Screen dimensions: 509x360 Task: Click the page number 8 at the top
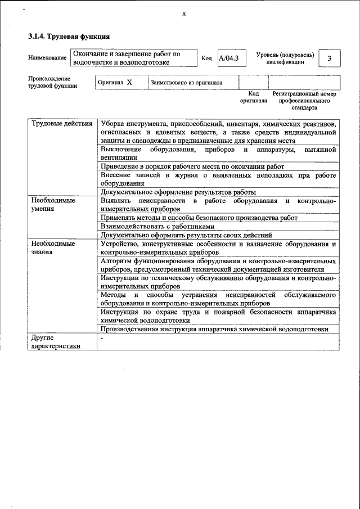pyautogui.click(x=184, y=15)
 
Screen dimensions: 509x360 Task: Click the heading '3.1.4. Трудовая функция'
pyautogui.click(x=69, y=37)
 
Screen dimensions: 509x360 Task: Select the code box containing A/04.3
pyautogui.click(x=228, y=58)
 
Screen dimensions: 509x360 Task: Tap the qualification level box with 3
pyautogui.click(x=329, y=59)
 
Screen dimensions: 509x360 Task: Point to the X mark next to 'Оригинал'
pyautogui.click(x=129, y=82)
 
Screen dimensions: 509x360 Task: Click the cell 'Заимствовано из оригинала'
pyautogui.click(x=186, y=83)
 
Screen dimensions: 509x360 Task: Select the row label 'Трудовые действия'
pyautogui.click(x=62, y=124)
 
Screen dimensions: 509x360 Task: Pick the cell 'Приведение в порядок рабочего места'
pyautogui.click(x=192, y=166)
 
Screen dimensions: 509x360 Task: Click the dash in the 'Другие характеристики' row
pyautogui.click(x=102, y=339)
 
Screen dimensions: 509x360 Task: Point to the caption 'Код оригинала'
pyautogui.click(x=253, y=97)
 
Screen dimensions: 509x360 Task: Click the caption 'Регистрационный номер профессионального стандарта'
pyautogui.click(x=304, y=100)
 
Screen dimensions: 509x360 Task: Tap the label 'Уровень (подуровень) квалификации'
pyautogui.click(x=285, y=58)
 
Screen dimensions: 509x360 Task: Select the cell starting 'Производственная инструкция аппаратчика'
pyautogui.click(x=214, y=330)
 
